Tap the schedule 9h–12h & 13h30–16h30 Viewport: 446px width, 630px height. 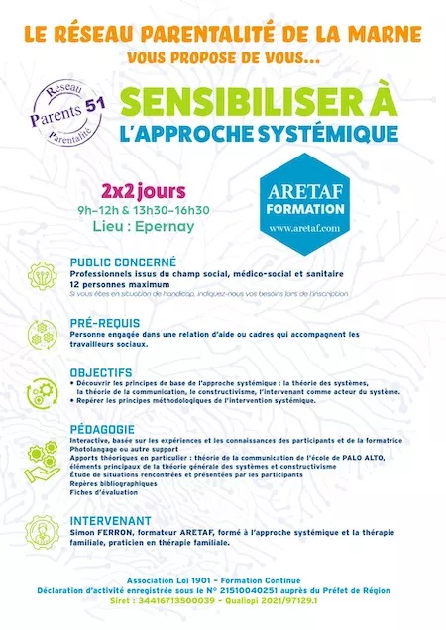(x=157, y=209)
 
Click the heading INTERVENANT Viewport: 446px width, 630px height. (x=111, y=519)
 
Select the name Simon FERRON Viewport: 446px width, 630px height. (x=103, y=533)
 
